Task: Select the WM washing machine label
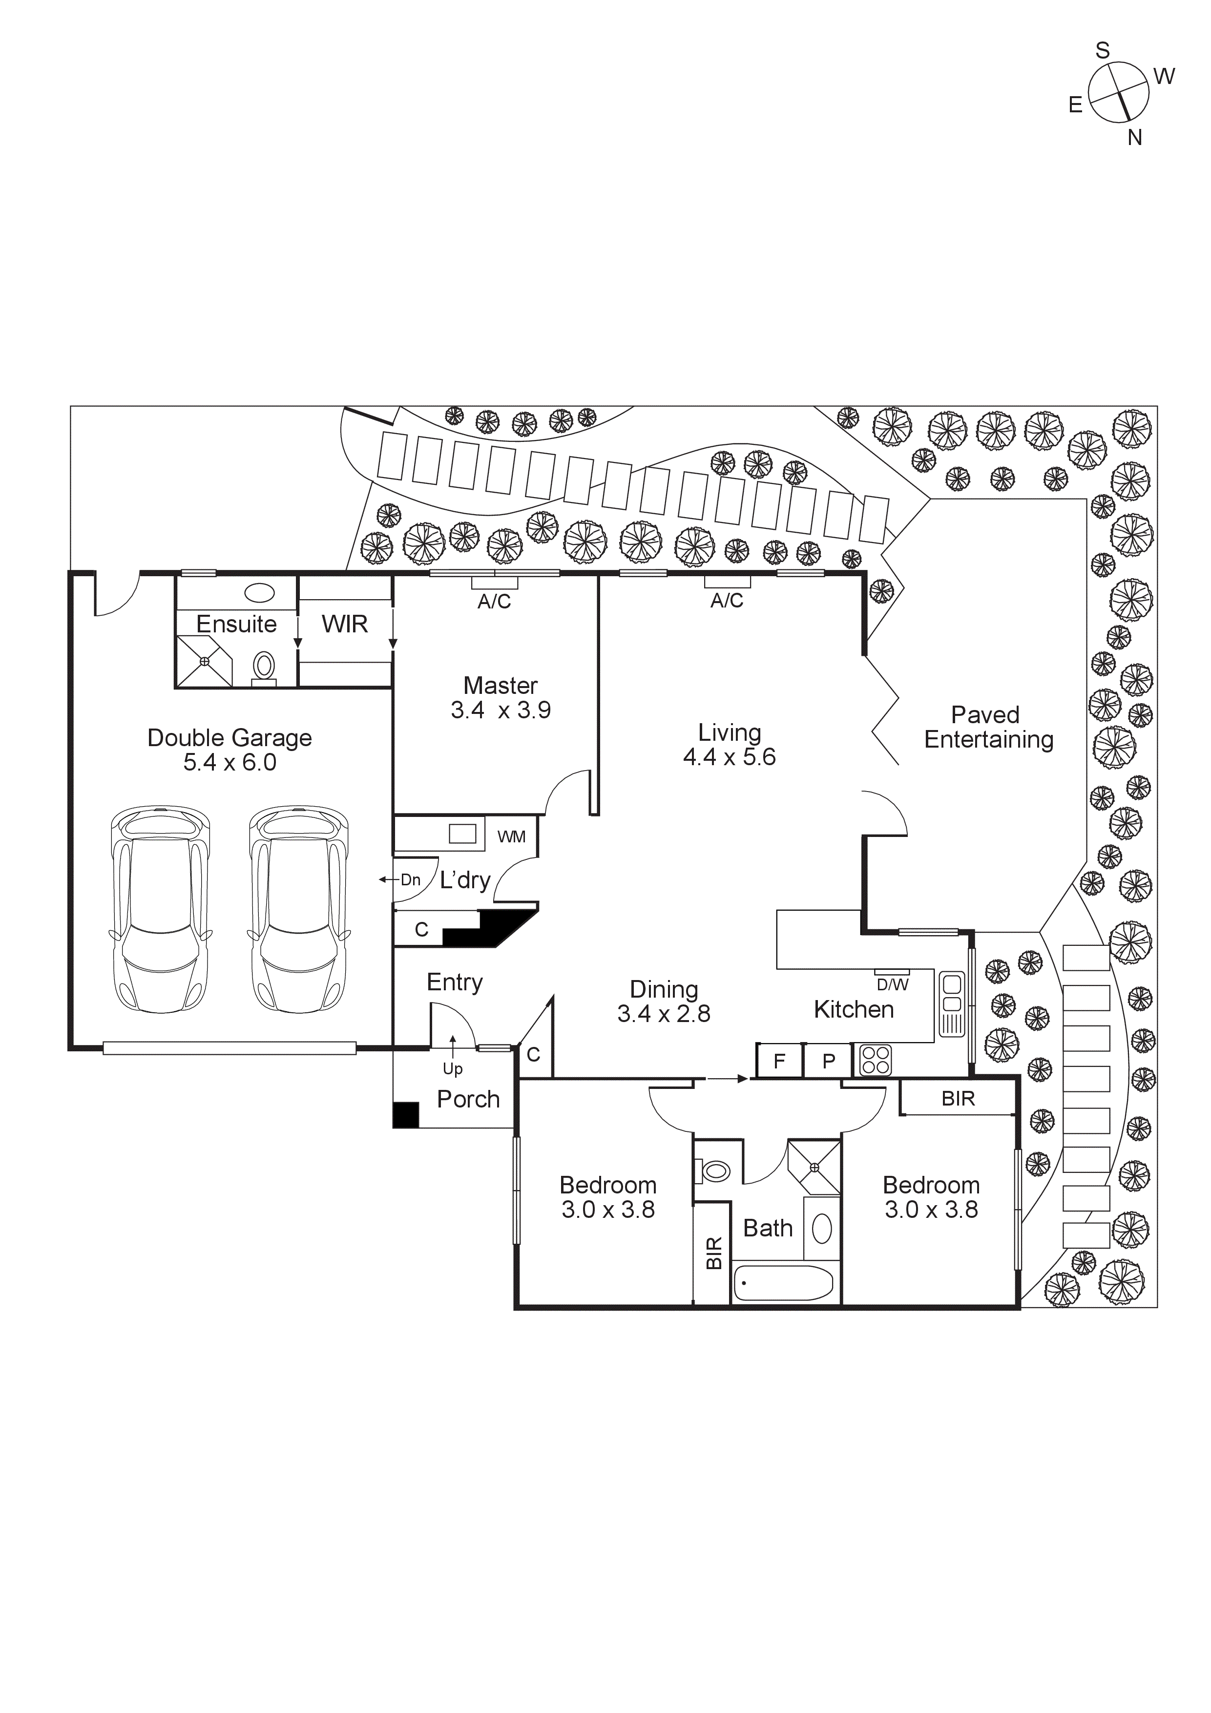[x=511, y=837]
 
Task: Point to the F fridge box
[x=779, y=1061]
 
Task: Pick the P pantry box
[x=828, y=1061]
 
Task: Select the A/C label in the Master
[x=494, y=601]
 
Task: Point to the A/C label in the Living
[x=727, y=601]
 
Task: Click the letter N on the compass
[x=1135, y=137]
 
